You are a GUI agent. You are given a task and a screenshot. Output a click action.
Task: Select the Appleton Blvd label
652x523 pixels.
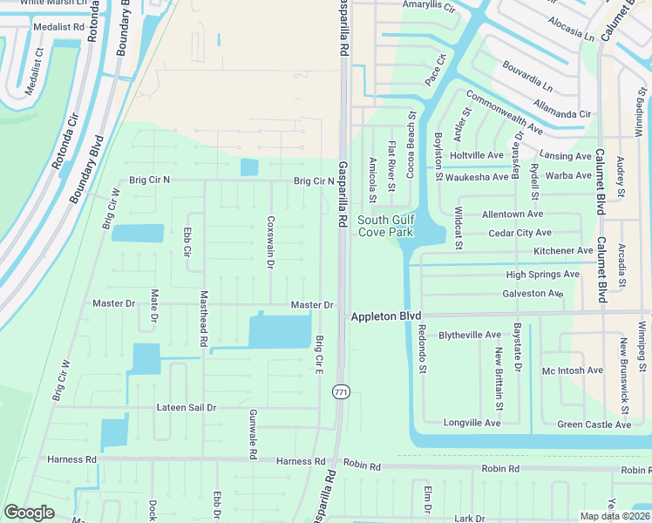tap(386, 316)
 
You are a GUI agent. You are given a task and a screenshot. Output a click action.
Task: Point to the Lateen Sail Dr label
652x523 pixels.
tap(187, 407)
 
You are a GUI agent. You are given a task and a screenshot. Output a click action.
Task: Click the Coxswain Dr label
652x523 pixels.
tap(271, 242)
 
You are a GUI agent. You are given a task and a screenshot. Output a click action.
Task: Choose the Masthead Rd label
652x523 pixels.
tap(204, 319)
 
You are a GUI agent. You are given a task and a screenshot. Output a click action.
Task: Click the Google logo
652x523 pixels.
tap(29, 513)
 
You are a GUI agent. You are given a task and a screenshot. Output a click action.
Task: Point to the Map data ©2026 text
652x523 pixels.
tap(615, 516)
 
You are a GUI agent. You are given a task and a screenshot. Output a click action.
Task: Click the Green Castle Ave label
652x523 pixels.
tap(594, 425)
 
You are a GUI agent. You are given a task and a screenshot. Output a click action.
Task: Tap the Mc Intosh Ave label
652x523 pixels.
tap(572, 370)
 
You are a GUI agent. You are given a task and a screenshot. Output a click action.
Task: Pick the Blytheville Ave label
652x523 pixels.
tap(470, 335)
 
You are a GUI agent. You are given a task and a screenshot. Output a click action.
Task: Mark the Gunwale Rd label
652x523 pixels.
tap(252, 435)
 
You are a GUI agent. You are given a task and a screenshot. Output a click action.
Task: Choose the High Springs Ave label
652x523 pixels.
tap(542, 274)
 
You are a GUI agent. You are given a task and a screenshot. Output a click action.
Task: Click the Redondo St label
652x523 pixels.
tap(422, 349)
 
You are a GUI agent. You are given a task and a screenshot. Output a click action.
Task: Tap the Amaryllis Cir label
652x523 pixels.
tap(429, 6)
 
